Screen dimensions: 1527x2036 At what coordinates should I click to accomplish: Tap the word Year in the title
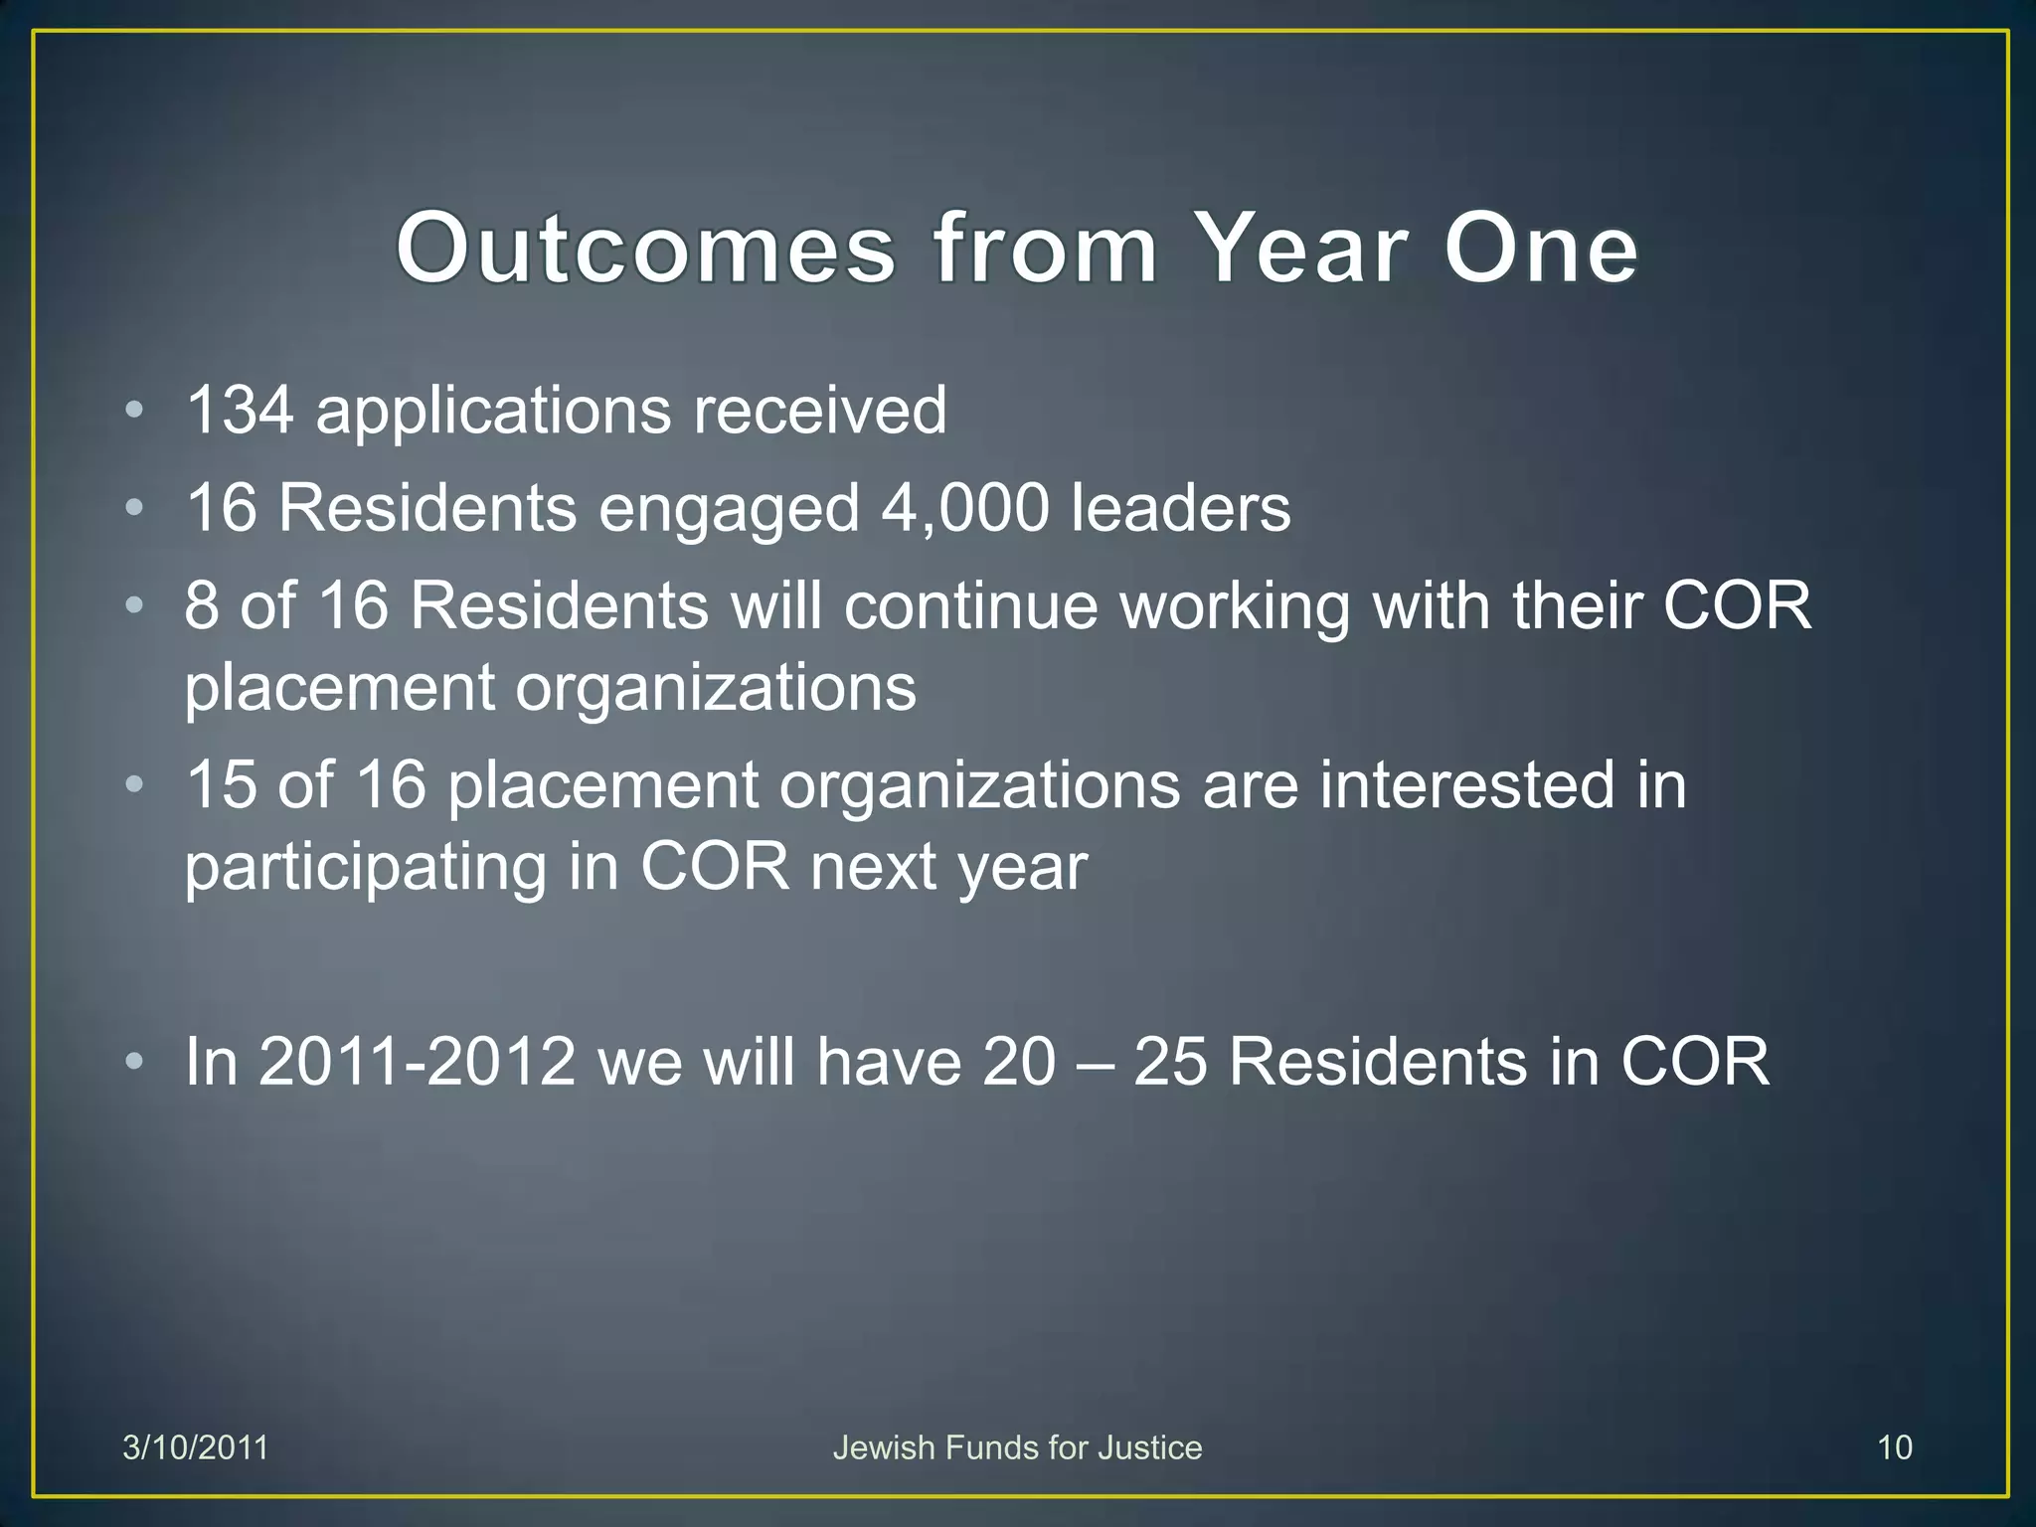click(x=1301, y=249)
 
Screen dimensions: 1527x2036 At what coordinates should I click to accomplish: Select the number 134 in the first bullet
click(x=240, y=411)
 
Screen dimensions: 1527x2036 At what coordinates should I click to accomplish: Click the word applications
click(x=493, y=411)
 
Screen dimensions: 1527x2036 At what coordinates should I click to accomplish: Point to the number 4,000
click(x=964, y=509)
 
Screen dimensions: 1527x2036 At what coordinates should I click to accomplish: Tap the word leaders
click(x=1180, y=509)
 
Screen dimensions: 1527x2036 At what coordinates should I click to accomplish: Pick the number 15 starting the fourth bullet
click(x=221, y=785)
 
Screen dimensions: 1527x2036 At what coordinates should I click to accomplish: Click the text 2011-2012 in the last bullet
click(x=417, y=1062)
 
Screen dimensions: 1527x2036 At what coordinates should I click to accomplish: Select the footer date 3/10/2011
click(x=195, y=1447)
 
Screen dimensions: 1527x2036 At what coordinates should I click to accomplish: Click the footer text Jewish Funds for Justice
click(x=1017, y=1447)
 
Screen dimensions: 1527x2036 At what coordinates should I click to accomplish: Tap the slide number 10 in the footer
click(x=1894, y=1447)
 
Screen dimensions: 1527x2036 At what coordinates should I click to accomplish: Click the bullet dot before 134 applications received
click(x=134, y=411)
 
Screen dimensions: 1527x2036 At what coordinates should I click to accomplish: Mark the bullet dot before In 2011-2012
click(x=134, y=1062)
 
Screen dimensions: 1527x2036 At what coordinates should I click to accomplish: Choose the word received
click(x=819, y=411)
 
